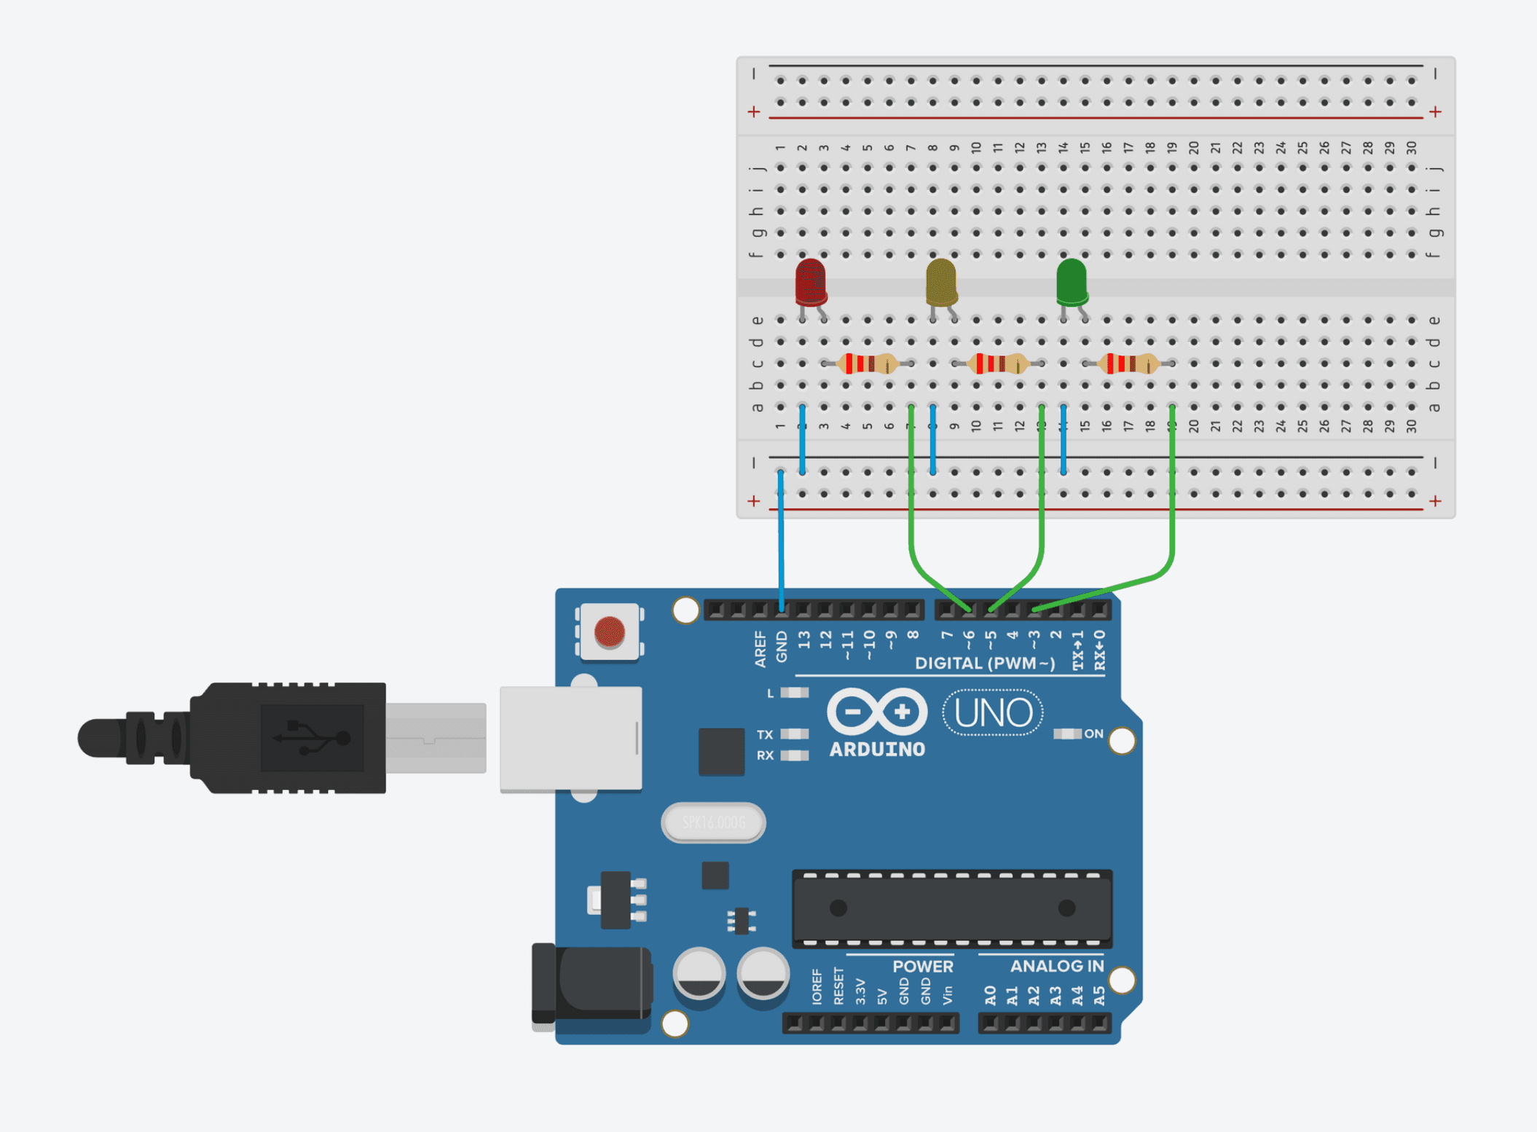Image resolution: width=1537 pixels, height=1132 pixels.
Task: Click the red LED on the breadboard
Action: tap(810, 282)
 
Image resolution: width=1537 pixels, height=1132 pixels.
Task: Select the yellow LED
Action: tap(940, 282)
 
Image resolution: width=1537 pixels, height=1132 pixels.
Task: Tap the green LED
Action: tap(1072, 281)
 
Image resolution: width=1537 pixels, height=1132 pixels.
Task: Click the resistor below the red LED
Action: tap(867, 363)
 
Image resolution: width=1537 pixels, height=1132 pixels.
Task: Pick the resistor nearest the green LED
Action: tap(1128, 363)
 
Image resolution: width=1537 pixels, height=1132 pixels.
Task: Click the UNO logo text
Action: tap(993, 712)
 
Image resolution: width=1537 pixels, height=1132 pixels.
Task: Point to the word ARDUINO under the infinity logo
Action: tap(877, 750)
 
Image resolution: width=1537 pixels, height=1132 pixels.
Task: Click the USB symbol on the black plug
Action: tap(312, 738)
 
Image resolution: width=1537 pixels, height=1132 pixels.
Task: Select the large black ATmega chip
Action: tap(951, 908)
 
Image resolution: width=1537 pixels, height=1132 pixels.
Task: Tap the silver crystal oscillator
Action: tap(713, 822)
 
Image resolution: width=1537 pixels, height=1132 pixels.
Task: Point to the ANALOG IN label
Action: tap(1056, 966)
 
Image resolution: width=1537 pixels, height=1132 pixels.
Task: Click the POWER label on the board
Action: tap(922, 966)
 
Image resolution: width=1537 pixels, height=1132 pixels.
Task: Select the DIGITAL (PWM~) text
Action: tap(985, 663)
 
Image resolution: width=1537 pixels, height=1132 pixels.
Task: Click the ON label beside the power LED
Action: tap(1093, 734)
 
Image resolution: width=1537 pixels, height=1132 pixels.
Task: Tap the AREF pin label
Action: tap(760, 648)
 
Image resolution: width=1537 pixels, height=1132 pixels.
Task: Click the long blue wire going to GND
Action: tap(781, 539)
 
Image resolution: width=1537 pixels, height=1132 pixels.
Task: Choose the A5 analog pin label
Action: tap(1099, 996)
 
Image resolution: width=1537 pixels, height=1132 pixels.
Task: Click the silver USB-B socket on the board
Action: tap(570, 739)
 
